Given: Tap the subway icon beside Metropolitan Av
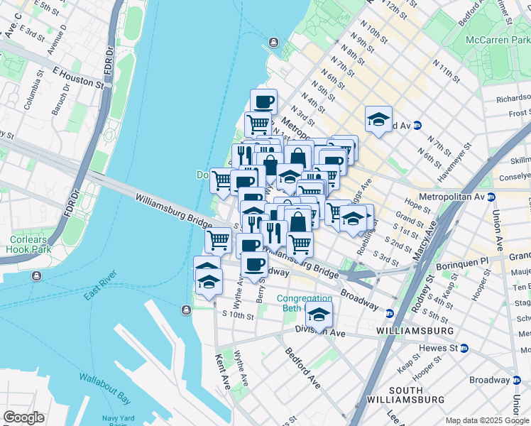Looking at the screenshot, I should click(x=491, y=196).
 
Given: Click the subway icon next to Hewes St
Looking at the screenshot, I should click(x=464, y=348).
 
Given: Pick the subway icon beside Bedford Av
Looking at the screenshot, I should click(x=417, y=125).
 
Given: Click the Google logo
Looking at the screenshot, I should click(x=23, y=417).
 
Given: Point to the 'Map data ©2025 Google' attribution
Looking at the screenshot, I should click(x=487, y=420).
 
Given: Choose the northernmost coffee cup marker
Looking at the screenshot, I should click(x=263, y=101).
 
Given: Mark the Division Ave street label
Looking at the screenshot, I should click(x=325, y=332).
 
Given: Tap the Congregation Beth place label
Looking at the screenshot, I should click(x=304, y=303).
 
